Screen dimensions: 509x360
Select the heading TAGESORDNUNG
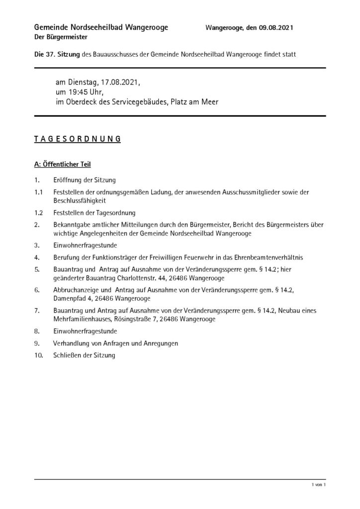pos(77,139)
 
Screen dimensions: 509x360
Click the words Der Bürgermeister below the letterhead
pos(61,37)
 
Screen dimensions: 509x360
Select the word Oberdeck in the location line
pos(83,102)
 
